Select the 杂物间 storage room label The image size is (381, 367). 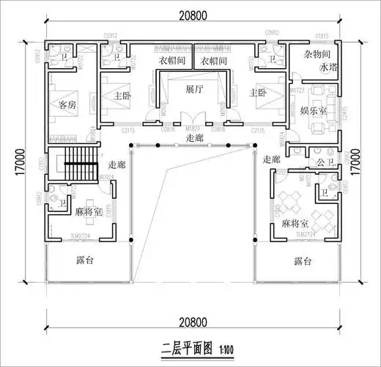(317, 55)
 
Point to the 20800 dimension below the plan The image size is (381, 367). (192, 321)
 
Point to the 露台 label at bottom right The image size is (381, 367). (303, 261)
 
